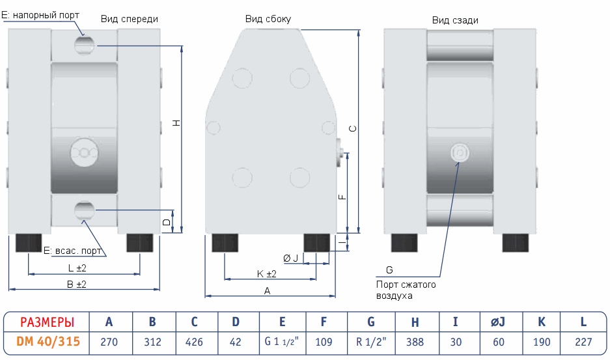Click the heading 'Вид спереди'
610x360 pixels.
(129, 20)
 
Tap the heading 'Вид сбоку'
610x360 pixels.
(268, 20)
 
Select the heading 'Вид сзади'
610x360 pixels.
(455, 20)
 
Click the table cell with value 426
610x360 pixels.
(194, 342)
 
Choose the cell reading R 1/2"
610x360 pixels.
(371, 342)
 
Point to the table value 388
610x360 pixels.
(415, 342)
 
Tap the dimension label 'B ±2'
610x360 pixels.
(77, 284)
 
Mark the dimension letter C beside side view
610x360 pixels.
(352, 129)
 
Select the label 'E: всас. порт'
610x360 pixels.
(72, 251)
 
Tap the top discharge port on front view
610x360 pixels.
(84, 45)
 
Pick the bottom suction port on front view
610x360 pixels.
(84, 210)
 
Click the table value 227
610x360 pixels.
(583, 342)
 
